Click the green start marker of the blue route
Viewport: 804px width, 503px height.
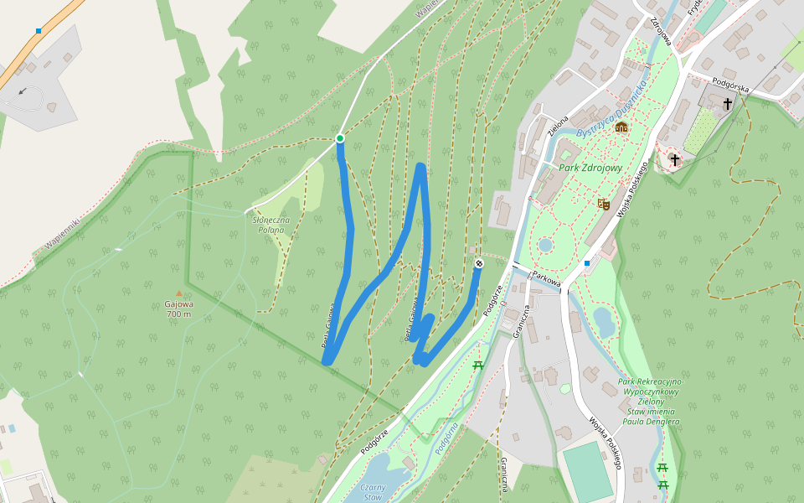(x=340, y=138)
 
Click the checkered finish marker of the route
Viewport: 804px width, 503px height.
(x=479, y=264)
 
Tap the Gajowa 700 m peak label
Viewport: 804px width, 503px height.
(x=179, y=309)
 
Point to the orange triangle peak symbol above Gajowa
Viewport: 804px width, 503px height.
(x=178, y=293)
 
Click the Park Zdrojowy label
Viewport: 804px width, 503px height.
(x=590, y=169)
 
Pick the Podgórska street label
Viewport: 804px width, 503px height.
(x=729, y=84)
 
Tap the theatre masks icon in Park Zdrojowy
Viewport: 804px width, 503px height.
(x=602, y=203)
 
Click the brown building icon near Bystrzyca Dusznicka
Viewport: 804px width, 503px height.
(x=621, y=127)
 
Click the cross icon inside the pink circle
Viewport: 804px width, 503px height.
(x=674, y=159)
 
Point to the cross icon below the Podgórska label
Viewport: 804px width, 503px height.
(x=728, y=104)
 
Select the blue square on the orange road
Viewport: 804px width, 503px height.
(x=39, y=31)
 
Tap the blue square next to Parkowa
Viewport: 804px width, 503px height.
(x=587, y=263)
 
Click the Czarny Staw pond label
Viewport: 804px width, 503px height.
(x=372, y=490)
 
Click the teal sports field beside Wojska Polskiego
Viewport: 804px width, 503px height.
(x=586, y=472)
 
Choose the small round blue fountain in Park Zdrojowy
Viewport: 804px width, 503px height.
(x=545, y=245)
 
